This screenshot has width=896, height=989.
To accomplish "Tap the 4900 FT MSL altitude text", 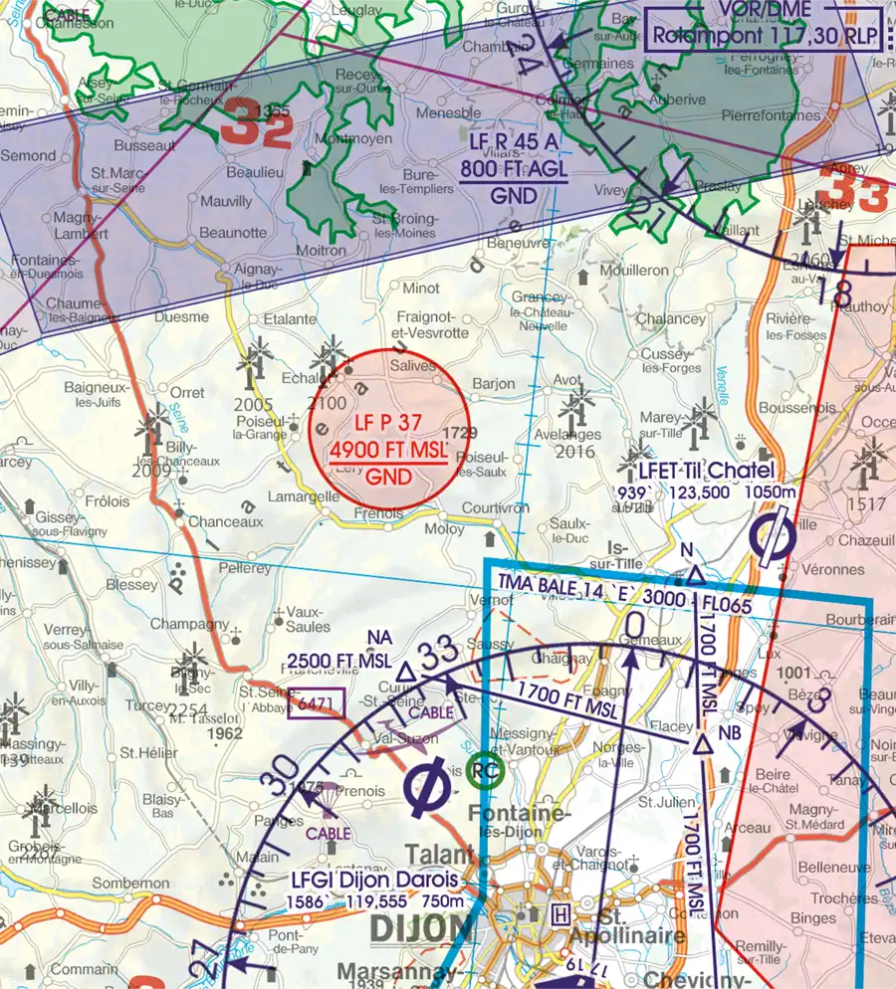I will coord(388,451).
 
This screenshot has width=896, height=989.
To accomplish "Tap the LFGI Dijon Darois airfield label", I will coord(375,881).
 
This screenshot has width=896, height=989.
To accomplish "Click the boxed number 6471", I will coord(316,702).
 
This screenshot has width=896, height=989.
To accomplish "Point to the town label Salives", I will coord(413,366).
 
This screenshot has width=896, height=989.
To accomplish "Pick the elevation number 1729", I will coord(459,432).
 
